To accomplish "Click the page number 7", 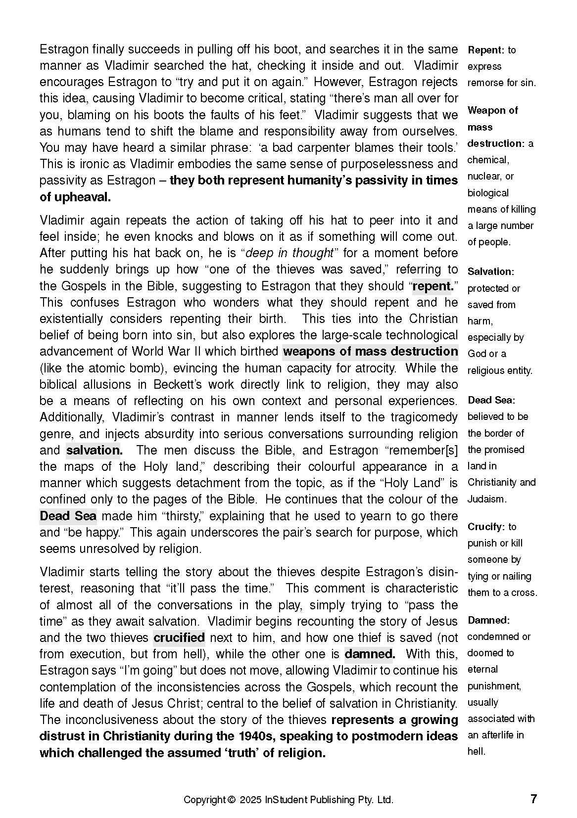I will pyautogui.click(x=533, y=799).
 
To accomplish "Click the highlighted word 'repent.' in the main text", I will pyautogui.click(x=433, y=286).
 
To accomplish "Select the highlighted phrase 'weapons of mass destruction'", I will pyautogui.click(x=370, y=352).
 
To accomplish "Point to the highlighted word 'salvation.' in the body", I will pyautogui.click(x=94, y=451).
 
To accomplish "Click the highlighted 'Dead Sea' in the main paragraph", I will pyautogui.click(x=68, y=516).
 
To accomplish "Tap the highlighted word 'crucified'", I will pyautogui.click(x=179, y=638).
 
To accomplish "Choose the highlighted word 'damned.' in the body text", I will pyautogui.click(x=370, y=654).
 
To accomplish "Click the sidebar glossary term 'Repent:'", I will pyautogui.click(x=486, y=50).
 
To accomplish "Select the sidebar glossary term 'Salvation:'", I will pyautogui.click(x=491, y=272).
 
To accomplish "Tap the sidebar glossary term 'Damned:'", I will pyautogui.click(x=488, y=620).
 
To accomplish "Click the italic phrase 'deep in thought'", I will pyautogui.click(x=289, y=253).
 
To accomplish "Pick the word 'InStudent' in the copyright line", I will pyautogui.click(x=286, y=800).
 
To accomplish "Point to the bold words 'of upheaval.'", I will pyautogui.click(x=75, y=197).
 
